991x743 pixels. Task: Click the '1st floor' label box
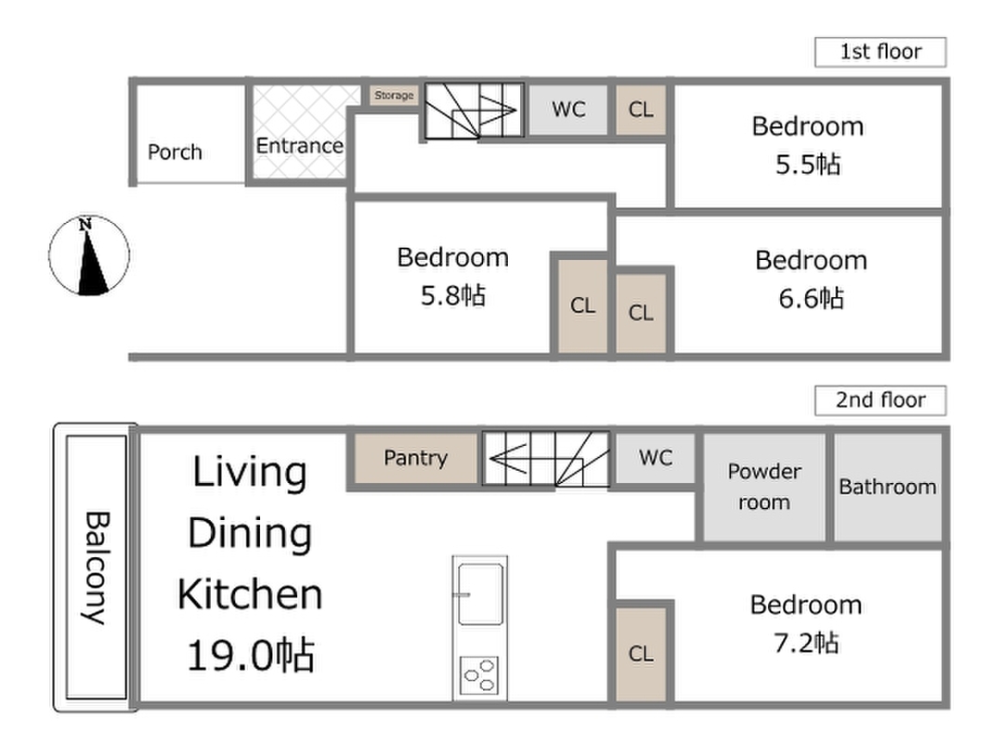pos(880,52)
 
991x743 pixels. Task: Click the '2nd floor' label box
pos(880,400)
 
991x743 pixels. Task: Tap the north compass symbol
pos(89,255)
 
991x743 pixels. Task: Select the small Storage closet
pos(394,96)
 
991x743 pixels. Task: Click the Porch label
pos(175,152)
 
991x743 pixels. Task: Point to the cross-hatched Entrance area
pos(300,132)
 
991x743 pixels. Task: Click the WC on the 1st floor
pos(568,110)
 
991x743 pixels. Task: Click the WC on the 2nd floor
pos(656,458)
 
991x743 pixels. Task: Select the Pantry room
pos(415,458)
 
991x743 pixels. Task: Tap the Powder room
pos(764,487)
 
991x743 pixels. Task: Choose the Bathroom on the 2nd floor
pos(888,487)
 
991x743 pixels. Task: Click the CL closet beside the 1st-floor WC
pos(641,110)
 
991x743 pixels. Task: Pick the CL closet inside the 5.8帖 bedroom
pos(582,306)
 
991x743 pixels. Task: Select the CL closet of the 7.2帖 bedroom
pos(641,653)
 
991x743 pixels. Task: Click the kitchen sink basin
pos(480,593)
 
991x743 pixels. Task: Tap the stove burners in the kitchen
pos(479,675)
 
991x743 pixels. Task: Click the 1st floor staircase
pos(474,111)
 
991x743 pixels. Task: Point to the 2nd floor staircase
pos(546,458)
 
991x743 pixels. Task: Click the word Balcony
pos(97,567)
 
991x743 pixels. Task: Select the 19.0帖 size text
pos(251,655)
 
